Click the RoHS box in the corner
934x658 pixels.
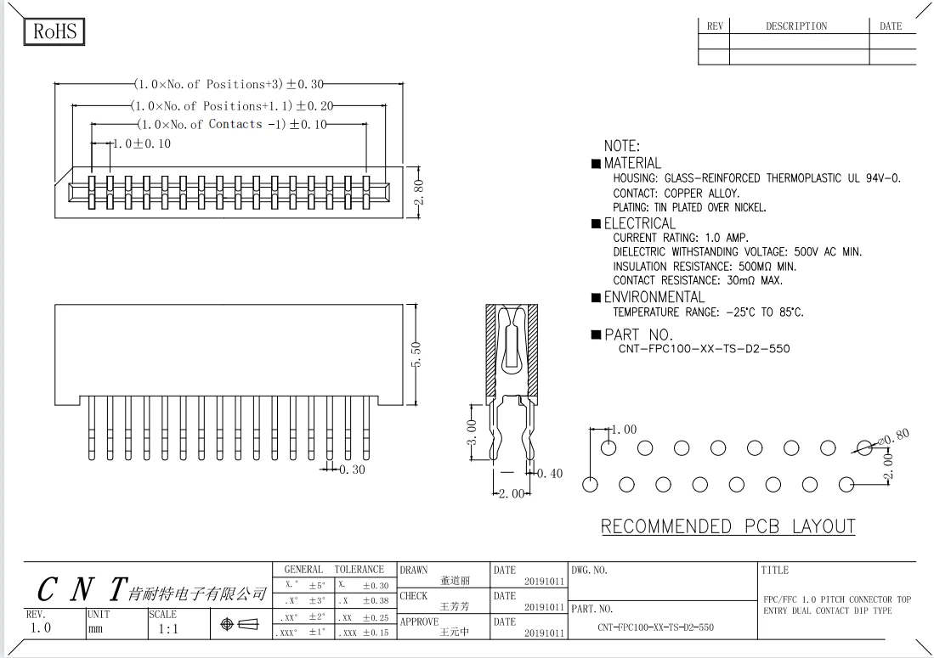pos(54,31)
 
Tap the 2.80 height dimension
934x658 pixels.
pos(418,192)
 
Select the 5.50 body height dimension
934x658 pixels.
pos(416,354)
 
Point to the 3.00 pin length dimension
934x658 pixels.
pos(471,432)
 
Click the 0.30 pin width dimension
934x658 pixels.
pos(352,470)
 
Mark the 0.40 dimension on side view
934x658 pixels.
pos(550,474)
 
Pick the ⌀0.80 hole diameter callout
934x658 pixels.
pos(894,437)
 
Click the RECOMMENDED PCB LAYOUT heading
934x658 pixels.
pos(727,526)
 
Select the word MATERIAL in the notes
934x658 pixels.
pos(632,163)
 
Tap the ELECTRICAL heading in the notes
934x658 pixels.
pos(640,223)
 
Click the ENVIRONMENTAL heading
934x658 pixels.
pos(654,297)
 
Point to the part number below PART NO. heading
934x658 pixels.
pos(704,349)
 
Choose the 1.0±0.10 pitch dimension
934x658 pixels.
pos(141,143)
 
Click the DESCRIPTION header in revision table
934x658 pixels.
pos(796,26)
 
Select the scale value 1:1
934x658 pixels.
pos(168,629)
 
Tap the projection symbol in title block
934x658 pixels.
pos(240,624)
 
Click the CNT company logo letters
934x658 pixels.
pos(82,589)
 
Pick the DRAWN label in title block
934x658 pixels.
pos(414,570)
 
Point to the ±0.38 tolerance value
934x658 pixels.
pos(376,601)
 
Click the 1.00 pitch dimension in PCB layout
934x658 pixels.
pos(625,430)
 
